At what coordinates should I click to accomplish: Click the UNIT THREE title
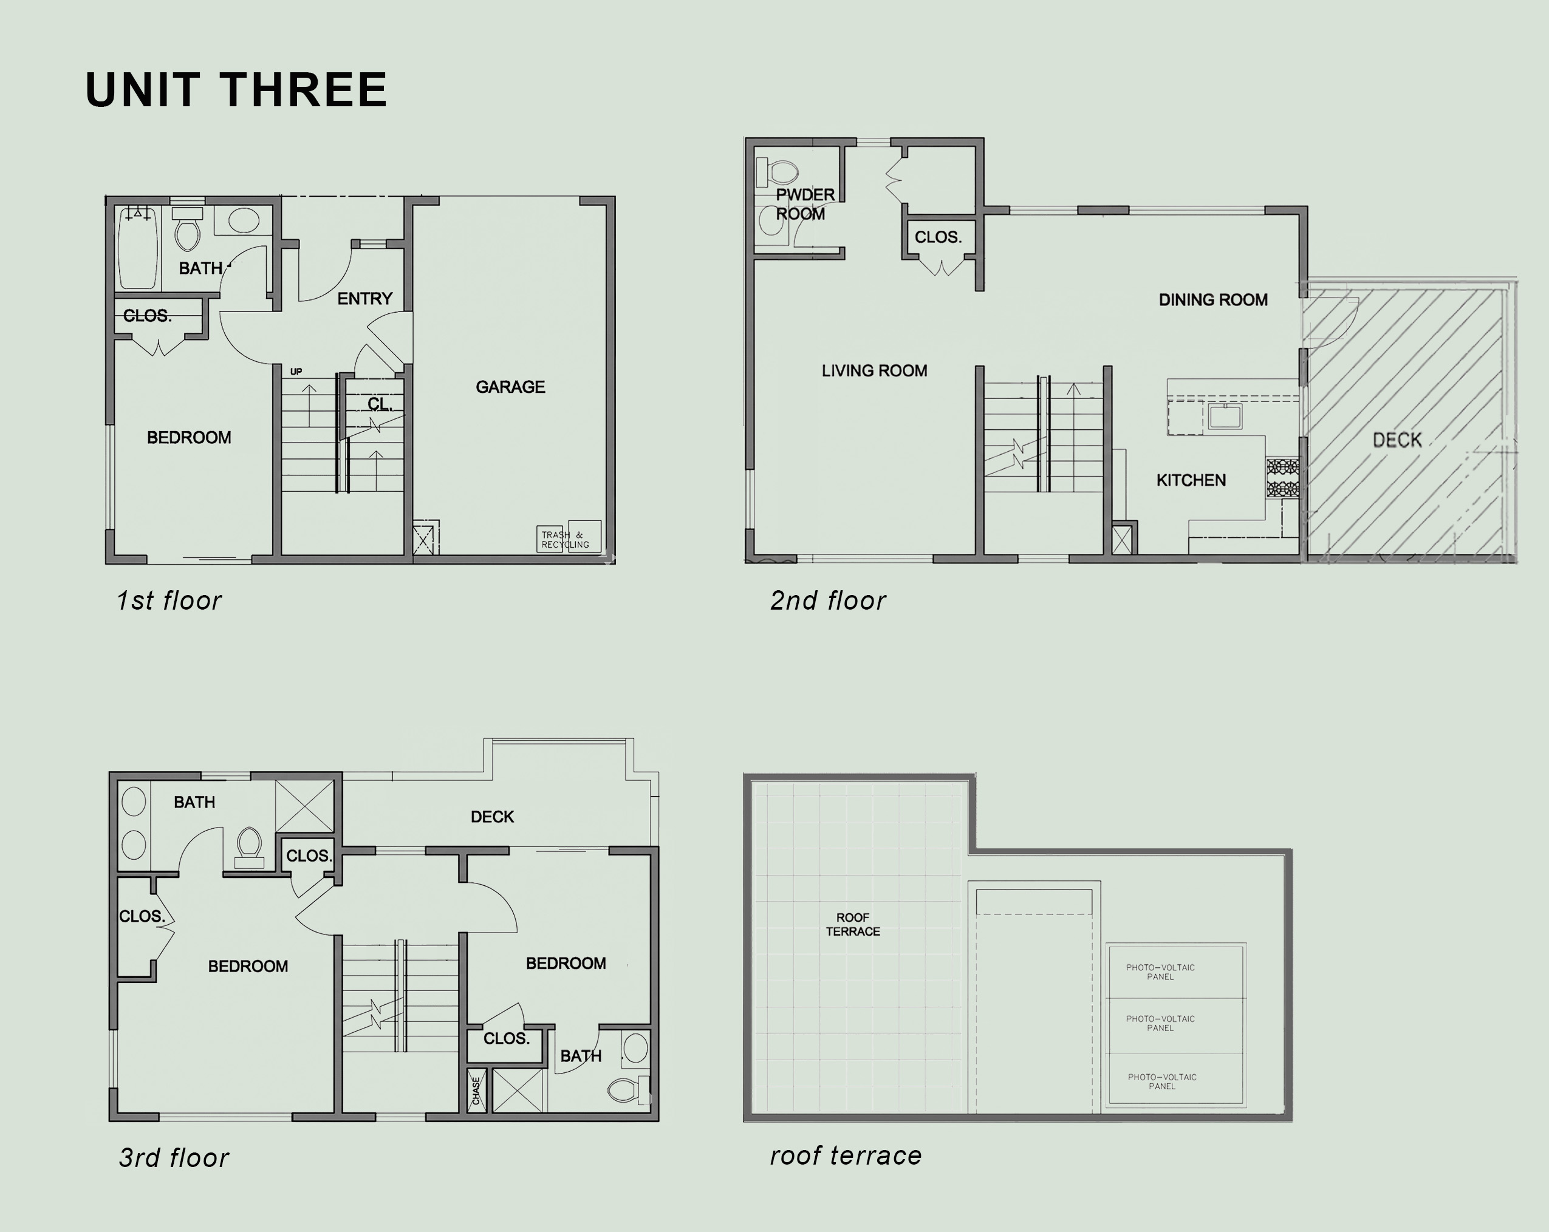coord(236,90)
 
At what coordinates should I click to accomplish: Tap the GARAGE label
coord(510,387)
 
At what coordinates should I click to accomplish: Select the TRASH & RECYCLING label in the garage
coord(566,540)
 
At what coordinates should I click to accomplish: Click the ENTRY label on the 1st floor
coord(365,299)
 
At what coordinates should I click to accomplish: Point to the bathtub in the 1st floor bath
coord(137,248)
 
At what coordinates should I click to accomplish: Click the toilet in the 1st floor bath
coord(188,229)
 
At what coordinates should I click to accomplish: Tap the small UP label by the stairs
coord(296,372)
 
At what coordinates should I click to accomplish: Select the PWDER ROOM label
coord(805,204)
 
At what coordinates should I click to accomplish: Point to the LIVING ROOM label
coord(874,370)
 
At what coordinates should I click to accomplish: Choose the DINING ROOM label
coord(1212,299)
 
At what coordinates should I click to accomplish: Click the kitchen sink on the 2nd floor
coord(1225,416)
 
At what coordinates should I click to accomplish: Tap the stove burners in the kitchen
coord(1282,478)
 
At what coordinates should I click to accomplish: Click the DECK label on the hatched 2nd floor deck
coord(1397,440)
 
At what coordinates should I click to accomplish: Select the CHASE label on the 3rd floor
coord(476,1091)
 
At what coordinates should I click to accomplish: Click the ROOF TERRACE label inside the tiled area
coord(853,925)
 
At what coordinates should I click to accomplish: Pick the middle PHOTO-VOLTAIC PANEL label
coord(1160,1023)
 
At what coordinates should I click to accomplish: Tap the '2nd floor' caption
coord(828,601)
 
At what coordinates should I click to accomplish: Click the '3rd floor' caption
coord(173,1158)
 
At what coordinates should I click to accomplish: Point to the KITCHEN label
coord(1191,480)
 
